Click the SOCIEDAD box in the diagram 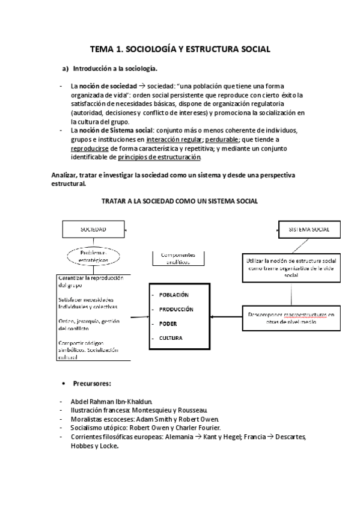pos(93,230)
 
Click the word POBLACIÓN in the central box pos(174,295)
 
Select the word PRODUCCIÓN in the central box pos(176,309)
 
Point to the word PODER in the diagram pos(168,324)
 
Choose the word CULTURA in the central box pos(171,338)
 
